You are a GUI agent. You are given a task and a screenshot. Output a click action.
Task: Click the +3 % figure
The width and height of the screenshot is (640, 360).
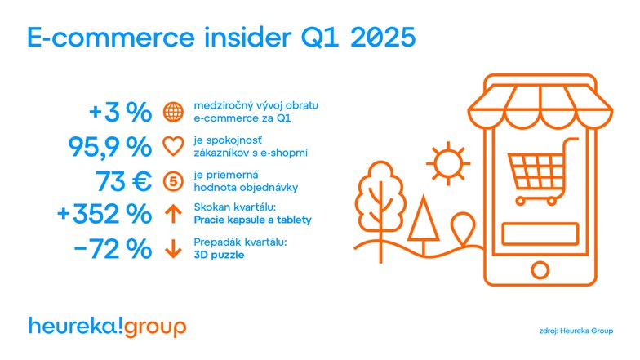121,112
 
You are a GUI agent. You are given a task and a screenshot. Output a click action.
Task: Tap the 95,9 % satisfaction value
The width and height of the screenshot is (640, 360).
109,147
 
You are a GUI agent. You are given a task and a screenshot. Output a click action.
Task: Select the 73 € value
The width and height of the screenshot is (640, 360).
124,181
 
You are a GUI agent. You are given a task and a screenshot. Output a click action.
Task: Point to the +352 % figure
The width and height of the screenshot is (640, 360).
104,214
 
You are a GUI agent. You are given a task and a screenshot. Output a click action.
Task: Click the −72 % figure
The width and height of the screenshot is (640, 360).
113,248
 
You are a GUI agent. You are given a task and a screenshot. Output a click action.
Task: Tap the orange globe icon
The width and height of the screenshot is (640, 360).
173,112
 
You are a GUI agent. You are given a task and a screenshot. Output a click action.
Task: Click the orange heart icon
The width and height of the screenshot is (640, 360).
173,147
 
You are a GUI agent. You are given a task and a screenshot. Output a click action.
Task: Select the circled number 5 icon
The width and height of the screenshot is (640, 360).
173,181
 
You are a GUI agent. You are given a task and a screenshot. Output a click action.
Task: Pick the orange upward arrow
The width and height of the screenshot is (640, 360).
173,214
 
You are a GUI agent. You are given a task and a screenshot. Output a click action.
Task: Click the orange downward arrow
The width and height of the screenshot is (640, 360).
173,248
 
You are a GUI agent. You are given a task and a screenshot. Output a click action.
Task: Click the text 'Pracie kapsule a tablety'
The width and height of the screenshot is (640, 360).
253,220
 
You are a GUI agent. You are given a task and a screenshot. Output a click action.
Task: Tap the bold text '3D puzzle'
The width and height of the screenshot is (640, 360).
219,255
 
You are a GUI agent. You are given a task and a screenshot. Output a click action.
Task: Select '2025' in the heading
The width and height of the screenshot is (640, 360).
383,38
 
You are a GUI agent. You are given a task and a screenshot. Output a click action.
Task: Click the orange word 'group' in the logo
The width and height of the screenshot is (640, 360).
155,327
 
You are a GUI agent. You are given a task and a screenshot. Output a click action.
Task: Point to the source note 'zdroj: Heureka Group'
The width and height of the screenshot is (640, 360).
576,331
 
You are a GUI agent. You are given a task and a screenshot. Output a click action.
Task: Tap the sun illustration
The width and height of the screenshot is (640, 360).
448,163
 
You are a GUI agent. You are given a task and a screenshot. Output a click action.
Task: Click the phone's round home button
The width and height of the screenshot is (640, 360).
540,269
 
